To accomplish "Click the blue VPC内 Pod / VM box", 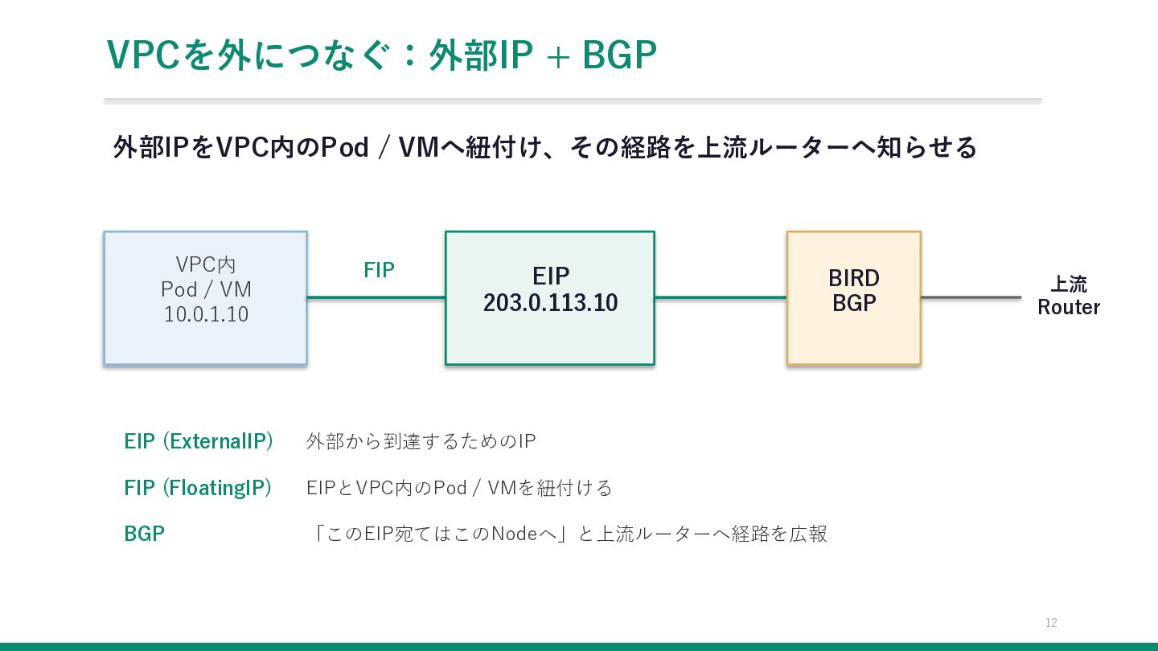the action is click(205, 298).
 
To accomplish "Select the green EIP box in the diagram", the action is click(550, 298).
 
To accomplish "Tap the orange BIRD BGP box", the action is click(853, 298).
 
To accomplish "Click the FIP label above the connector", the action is click(379, 270).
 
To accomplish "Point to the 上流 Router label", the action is click(1069, 296).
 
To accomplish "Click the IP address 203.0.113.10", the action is click(551, 303).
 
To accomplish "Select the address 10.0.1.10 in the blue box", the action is click(206, 314).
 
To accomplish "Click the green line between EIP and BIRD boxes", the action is click(721, 297).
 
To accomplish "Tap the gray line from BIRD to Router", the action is click(971, 297).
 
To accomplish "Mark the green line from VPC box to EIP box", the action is click(376, 297).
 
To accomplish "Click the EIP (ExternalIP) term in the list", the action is click(199, 441).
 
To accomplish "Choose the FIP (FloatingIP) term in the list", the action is click(198, 488).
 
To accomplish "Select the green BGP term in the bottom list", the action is click(144, 534).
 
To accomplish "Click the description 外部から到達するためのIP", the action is click(421, 441).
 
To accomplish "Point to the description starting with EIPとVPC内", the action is click(459, 488).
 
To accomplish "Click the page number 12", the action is click(1051, 623).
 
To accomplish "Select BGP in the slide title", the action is click(619, 55).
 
